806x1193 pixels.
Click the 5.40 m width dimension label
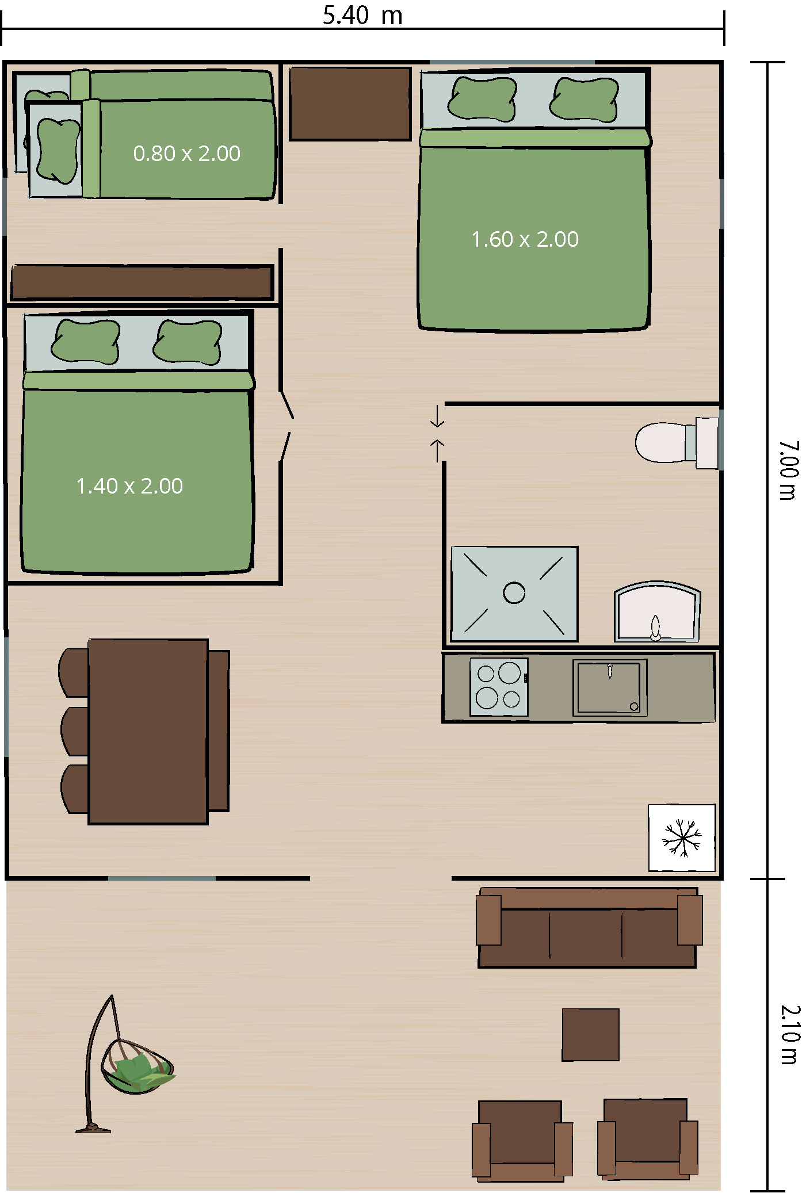tap(362, 15)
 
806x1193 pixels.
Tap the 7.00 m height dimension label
tap(789, 470)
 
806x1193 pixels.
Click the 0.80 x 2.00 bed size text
tap(186, 154)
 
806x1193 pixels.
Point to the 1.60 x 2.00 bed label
tap(525, 239)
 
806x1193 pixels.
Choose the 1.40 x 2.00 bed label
tap(129, 486)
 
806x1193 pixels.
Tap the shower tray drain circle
tap(514, 592)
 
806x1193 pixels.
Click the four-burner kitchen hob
tap(499, 687)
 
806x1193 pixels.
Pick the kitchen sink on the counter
tap(610, 687)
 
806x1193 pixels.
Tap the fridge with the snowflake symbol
tap(682, 837)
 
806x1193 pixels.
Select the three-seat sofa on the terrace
tap(589, 927)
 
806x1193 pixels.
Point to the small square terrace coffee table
tap(590, 1034)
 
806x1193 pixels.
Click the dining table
tap(148, 731)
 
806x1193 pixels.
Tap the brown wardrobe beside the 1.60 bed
tap(350, 104)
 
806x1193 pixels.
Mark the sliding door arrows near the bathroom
tap(437, 433)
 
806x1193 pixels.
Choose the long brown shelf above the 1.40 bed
tap(142, 282)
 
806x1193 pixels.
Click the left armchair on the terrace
tap(522, 1141)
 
